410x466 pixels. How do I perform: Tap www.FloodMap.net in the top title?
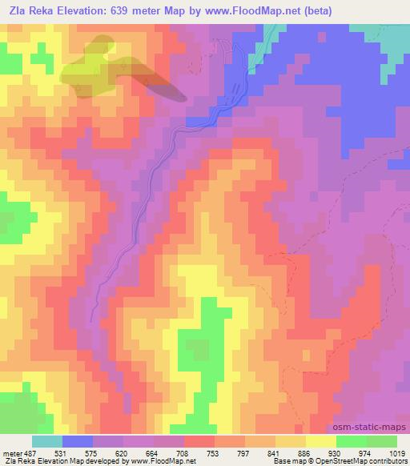(260, 10)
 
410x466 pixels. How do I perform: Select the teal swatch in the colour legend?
(47, 441)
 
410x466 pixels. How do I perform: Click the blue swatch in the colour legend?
(78, 441)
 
